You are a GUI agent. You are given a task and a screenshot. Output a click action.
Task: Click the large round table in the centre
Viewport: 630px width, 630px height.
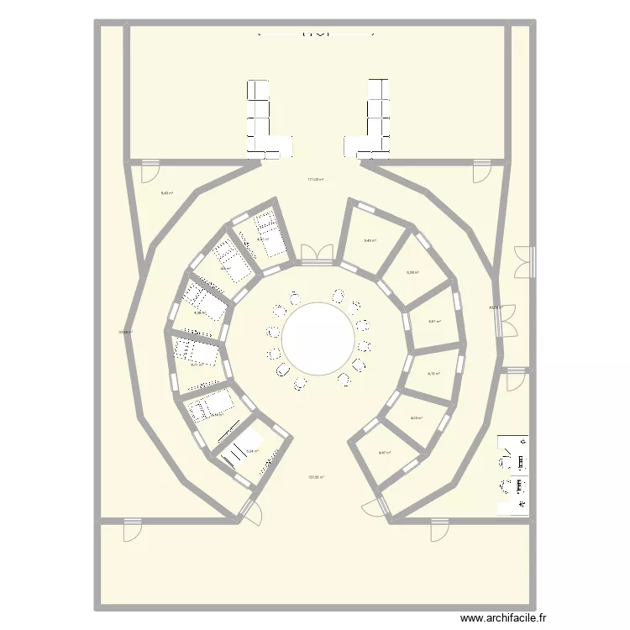(x=318, y=340)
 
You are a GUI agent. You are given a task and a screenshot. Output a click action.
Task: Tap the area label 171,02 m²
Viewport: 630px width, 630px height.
(x=316, y=179)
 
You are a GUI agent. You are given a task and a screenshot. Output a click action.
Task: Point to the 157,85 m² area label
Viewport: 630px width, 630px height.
(x=316, y=477)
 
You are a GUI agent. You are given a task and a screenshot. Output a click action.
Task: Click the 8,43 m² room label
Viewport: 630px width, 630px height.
(x=167, y=193)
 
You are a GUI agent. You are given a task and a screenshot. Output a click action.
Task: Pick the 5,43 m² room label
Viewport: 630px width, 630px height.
(x=370, y=240)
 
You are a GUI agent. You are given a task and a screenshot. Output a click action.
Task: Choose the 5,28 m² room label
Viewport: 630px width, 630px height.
(x=412, y=272)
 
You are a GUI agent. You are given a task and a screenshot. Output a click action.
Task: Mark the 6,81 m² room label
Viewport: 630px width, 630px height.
(x=434, y=321)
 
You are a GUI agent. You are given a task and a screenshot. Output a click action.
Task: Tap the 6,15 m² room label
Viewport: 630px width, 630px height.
(x=434, y=374)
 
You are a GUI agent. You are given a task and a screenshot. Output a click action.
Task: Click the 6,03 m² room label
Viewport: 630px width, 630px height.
(x=416, y=418)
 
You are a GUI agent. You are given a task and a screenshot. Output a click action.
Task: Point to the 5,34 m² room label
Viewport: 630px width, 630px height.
(x=251, y=451)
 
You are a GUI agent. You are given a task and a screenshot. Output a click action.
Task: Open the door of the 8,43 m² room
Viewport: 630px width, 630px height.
(x=149, y=171)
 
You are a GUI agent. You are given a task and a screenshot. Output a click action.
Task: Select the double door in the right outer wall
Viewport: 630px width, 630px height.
(x=523, y=261)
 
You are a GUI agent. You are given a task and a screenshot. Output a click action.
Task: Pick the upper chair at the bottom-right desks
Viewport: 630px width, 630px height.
(x=508, y=458)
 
